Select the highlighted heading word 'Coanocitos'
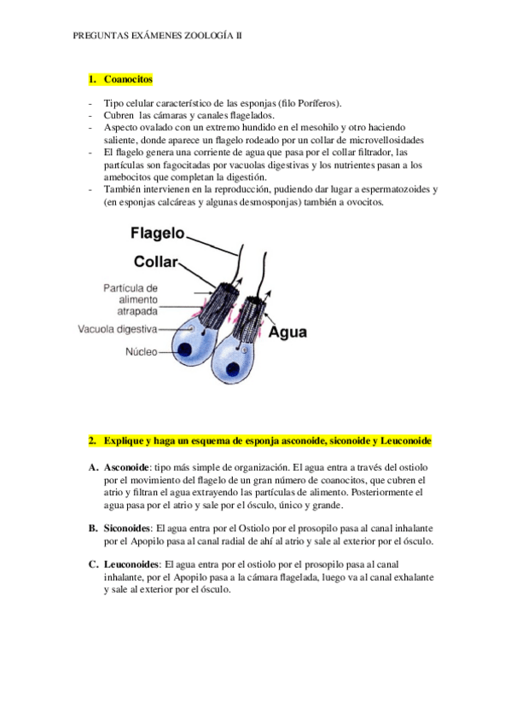coord(128,79)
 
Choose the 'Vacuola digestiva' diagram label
coord(118,328)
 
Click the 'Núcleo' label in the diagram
coord(142,351)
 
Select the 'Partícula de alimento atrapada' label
coord(130,300)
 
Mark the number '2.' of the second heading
coord(93,442)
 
